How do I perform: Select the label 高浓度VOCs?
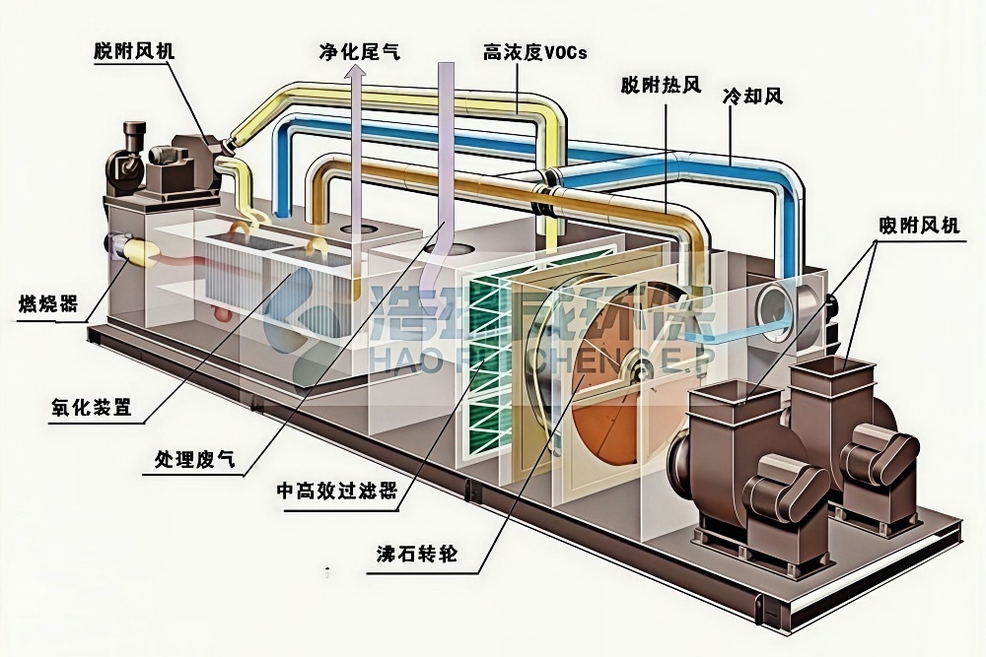click(534, 52)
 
